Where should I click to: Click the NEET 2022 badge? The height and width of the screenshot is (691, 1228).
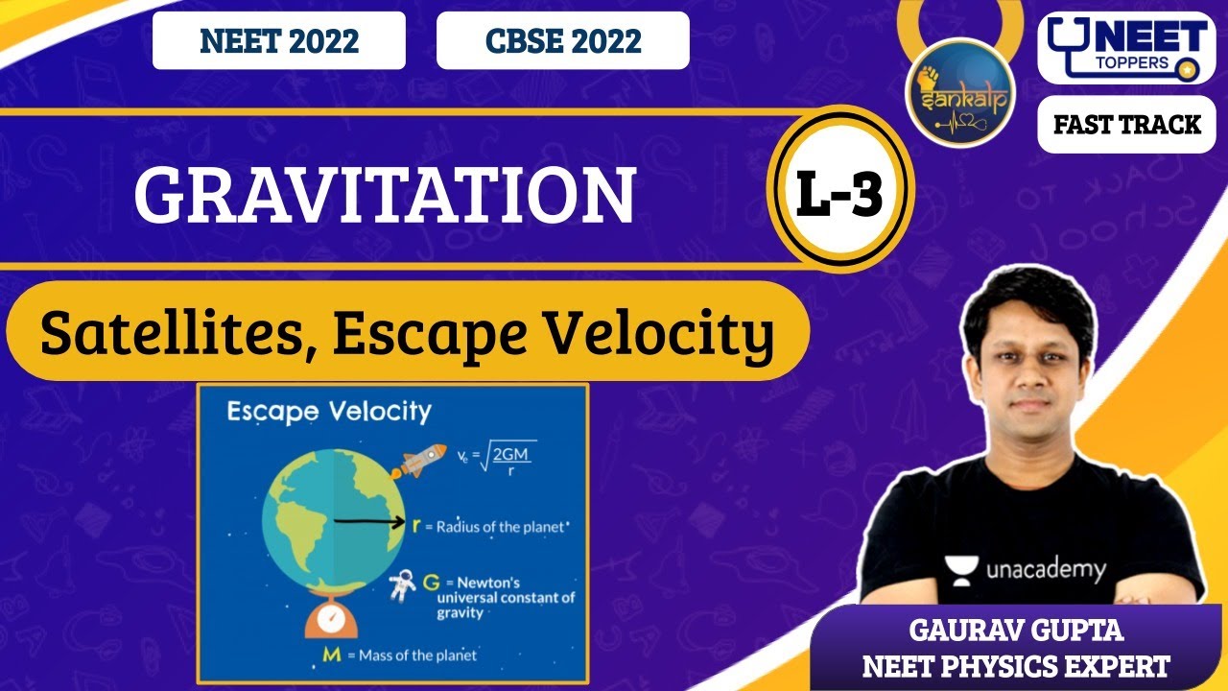click(279, 41)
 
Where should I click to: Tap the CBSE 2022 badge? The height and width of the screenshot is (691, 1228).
click(563, 41)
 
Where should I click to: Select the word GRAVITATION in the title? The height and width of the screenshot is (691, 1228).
click(385, 196)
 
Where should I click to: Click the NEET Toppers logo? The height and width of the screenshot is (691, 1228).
click(1126, 49)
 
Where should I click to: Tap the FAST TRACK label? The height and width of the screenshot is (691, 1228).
click(1126, 125)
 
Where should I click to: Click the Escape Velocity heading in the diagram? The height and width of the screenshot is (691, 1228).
click(329, 413)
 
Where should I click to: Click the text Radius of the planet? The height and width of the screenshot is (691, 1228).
click(495, 527)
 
